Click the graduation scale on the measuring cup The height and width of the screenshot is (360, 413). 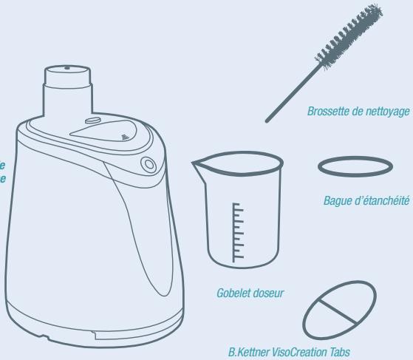[237, 230]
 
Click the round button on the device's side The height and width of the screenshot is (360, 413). [150, 164]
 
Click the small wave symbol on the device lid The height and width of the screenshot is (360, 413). [123, 137]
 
